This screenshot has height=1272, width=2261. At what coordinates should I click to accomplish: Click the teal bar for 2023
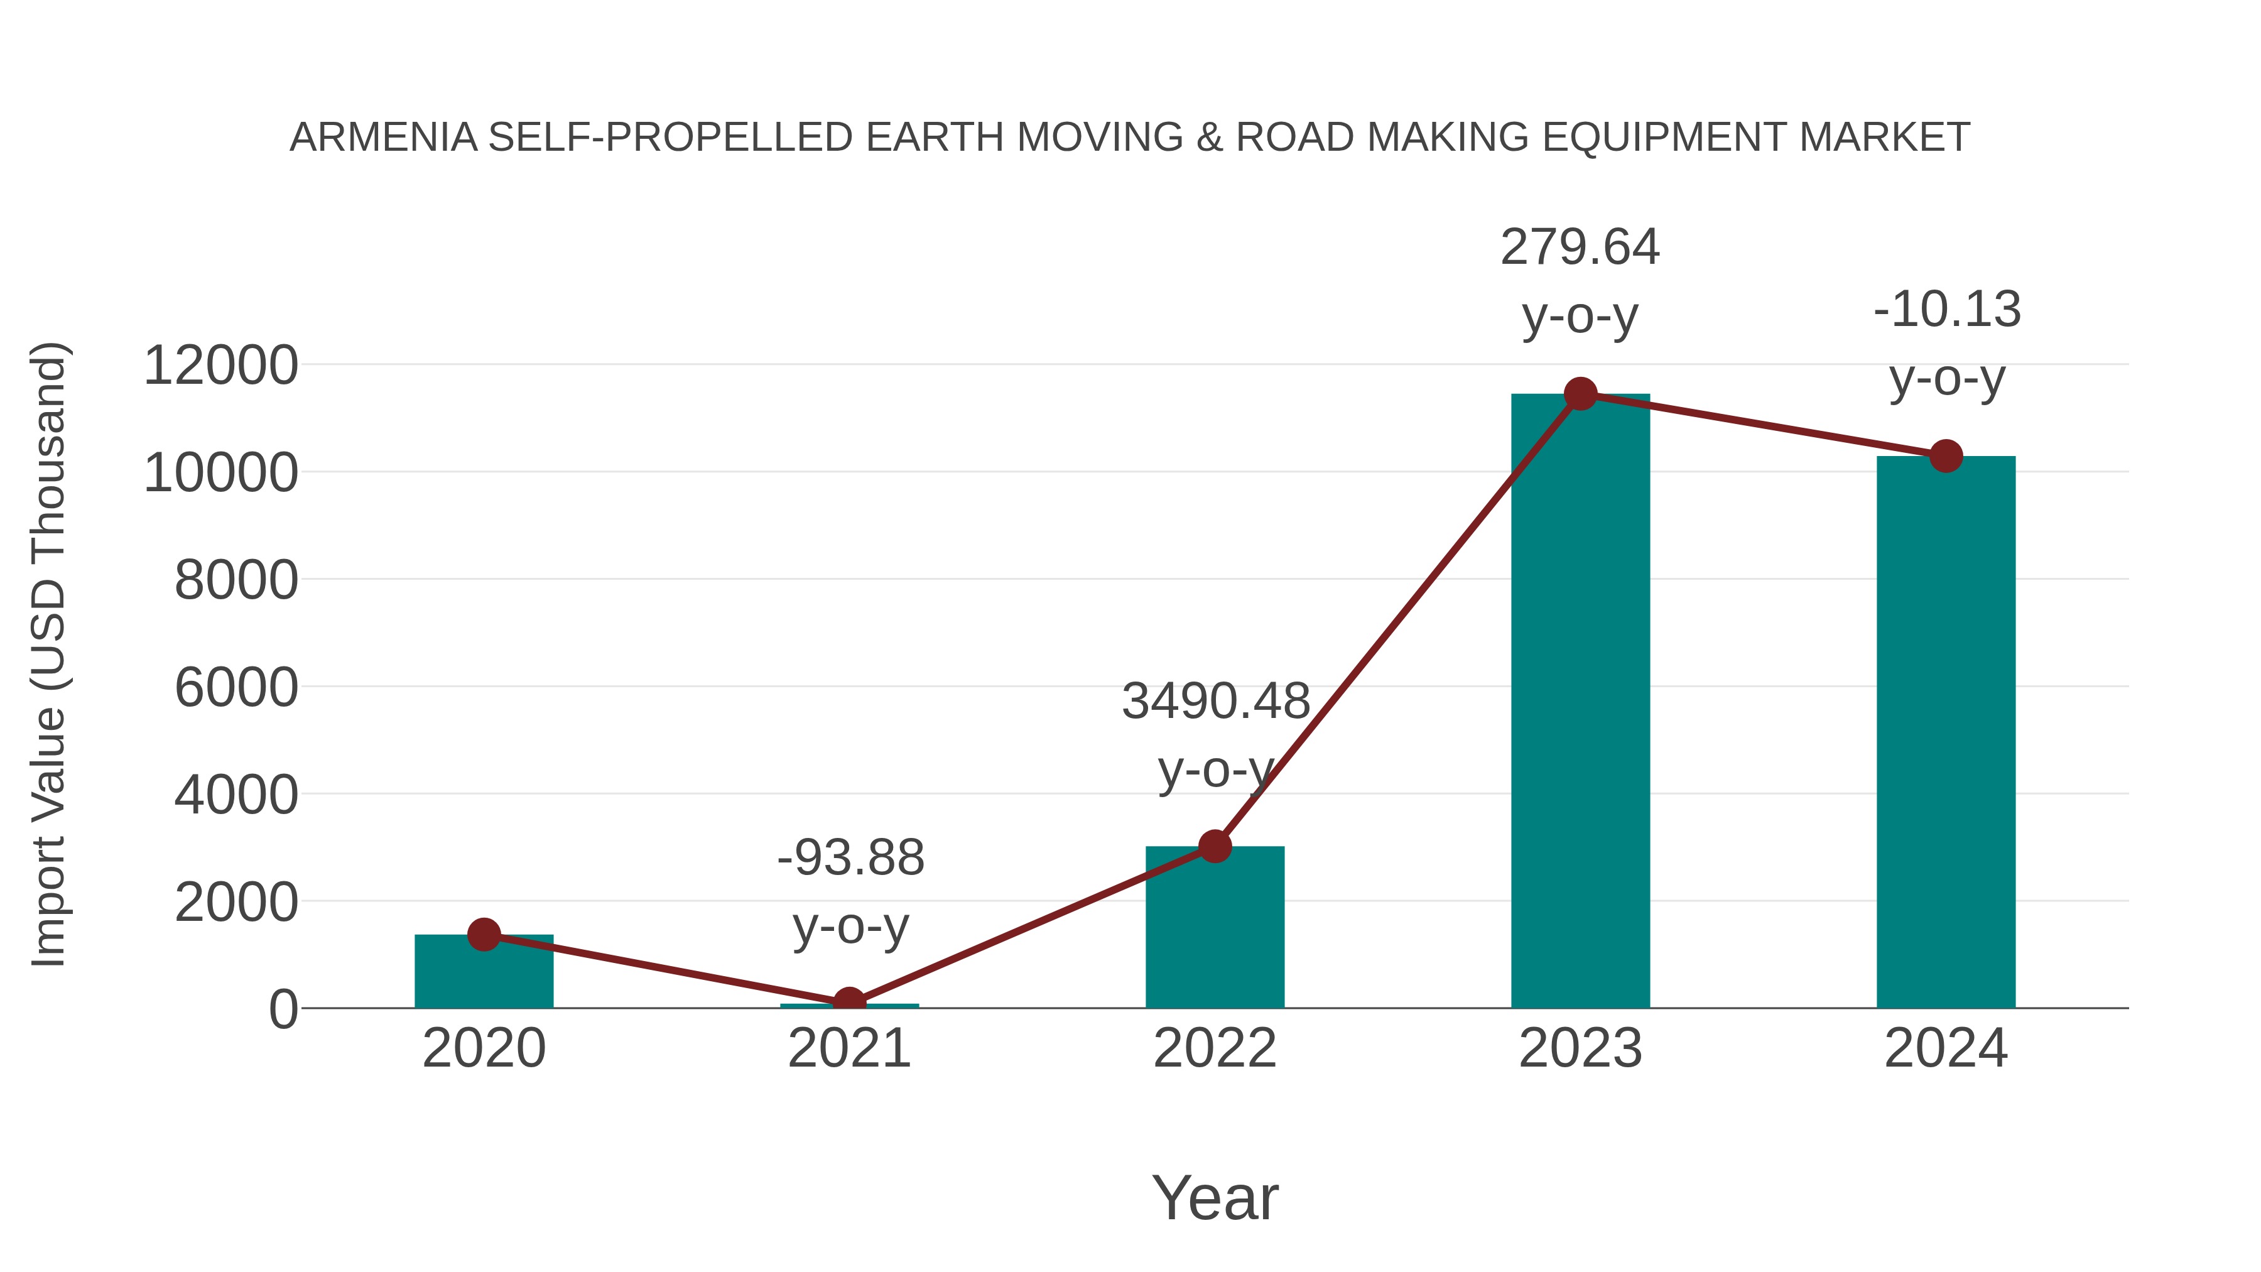point(1580,702)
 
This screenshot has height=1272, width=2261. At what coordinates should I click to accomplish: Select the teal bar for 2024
point(1946,733)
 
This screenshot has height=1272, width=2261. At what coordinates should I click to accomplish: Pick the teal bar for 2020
point(484,972)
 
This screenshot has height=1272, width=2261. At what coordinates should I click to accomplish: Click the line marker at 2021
point(849,1003)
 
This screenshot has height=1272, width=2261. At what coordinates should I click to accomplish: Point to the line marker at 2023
point(1580,394)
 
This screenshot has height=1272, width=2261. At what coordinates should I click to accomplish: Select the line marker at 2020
point(484,934)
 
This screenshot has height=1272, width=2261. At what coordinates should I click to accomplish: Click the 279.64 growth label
point(1580,247)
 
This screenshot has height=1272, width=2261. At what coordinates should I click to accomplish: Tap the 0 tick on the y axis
point(283,1009)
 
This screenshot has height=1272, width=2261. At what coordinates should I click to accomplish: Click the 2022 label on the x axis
point(1215,1048)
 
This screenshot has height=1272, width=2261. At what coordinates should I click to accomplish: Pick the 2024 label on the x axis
point(1946,1048)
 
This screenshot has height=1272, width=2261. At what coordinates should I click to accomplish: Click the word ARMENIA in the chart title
point(384,138)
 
